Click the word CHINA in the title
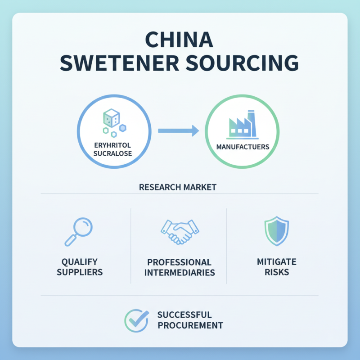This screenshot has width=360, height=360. (x=179, y=40)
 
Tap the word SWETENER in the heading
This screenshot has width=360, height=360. (x=119, y=63)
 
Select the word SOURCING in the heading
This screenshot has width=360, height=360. (x=242, y=63)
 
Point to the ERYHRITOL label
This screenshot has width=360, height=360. (x=112, y=145)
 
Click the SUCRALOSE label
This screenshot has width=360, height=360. (x=112, y=153)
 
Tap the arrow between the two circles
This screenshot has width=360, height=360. (x=178, y=131)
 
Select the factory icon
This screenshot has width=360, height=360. (x=243, y=125)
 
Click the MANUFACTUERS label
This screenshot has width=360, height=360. (x=243, y=147)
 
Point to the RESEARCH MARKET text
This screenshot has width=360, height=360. (x=178, y=187)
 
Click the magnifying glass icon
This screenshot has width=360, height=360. (x=78, y=232)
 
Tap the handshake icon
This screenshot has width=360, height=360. (x=180, y=232)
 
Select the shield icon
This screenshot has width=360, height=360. (x=277, y=231)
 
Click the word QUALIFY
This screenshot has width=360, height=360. (x=80, y=262)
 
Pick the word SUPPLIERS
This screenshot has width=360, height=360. (x=80, y=272)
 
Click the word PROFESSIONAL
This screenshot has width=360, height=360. (x=179, y=262)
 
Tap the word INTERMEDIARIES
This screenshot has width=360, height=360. (x=180, y=273)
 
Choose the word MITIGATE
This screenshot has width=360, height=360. (x=277, y=262)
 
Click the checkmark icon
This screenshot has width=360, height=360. (x=137, y=320)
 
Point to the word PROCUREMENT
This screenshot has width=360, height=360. (x=190, y=325)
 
